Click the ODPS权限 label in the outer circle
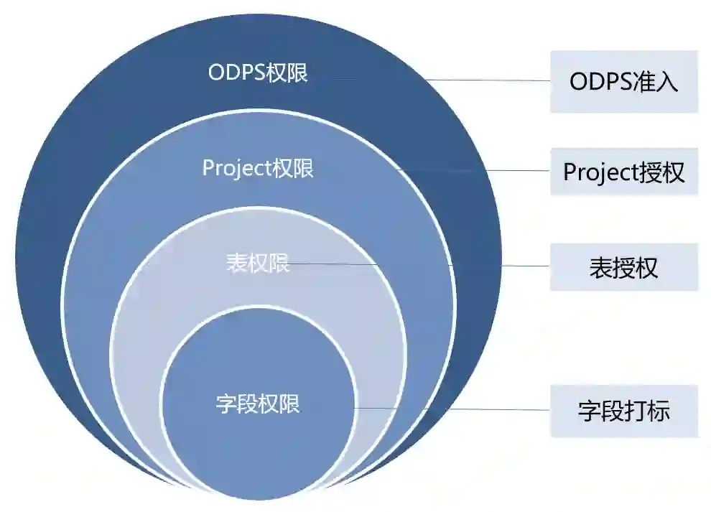[258, 73]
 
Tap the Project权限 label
[258, 169]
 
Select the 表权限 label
[258, 263]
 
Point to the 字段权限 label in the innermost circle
[258, 404]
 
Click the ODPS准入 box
[623, 82]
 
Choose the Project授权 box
[623, 172]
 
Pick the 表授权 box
[623, 267]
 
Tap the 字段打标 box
[623, 411]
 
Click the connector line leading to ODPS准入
[445, 80]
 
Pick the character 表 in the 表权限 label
[237, 263]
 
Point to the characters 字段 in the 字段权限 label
[237, 404]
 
